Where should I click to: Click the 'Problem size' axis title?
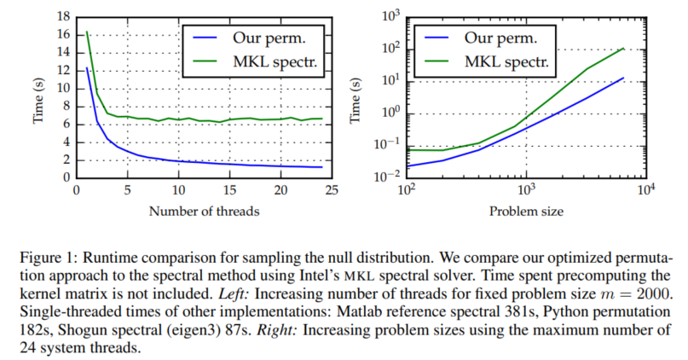[524, 210]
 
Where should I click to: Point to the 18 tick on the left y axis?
[62, 16]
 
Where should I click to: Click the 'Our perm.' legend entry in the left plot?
[262, 38]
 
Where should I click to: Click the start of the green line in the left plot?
[87, 32]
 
